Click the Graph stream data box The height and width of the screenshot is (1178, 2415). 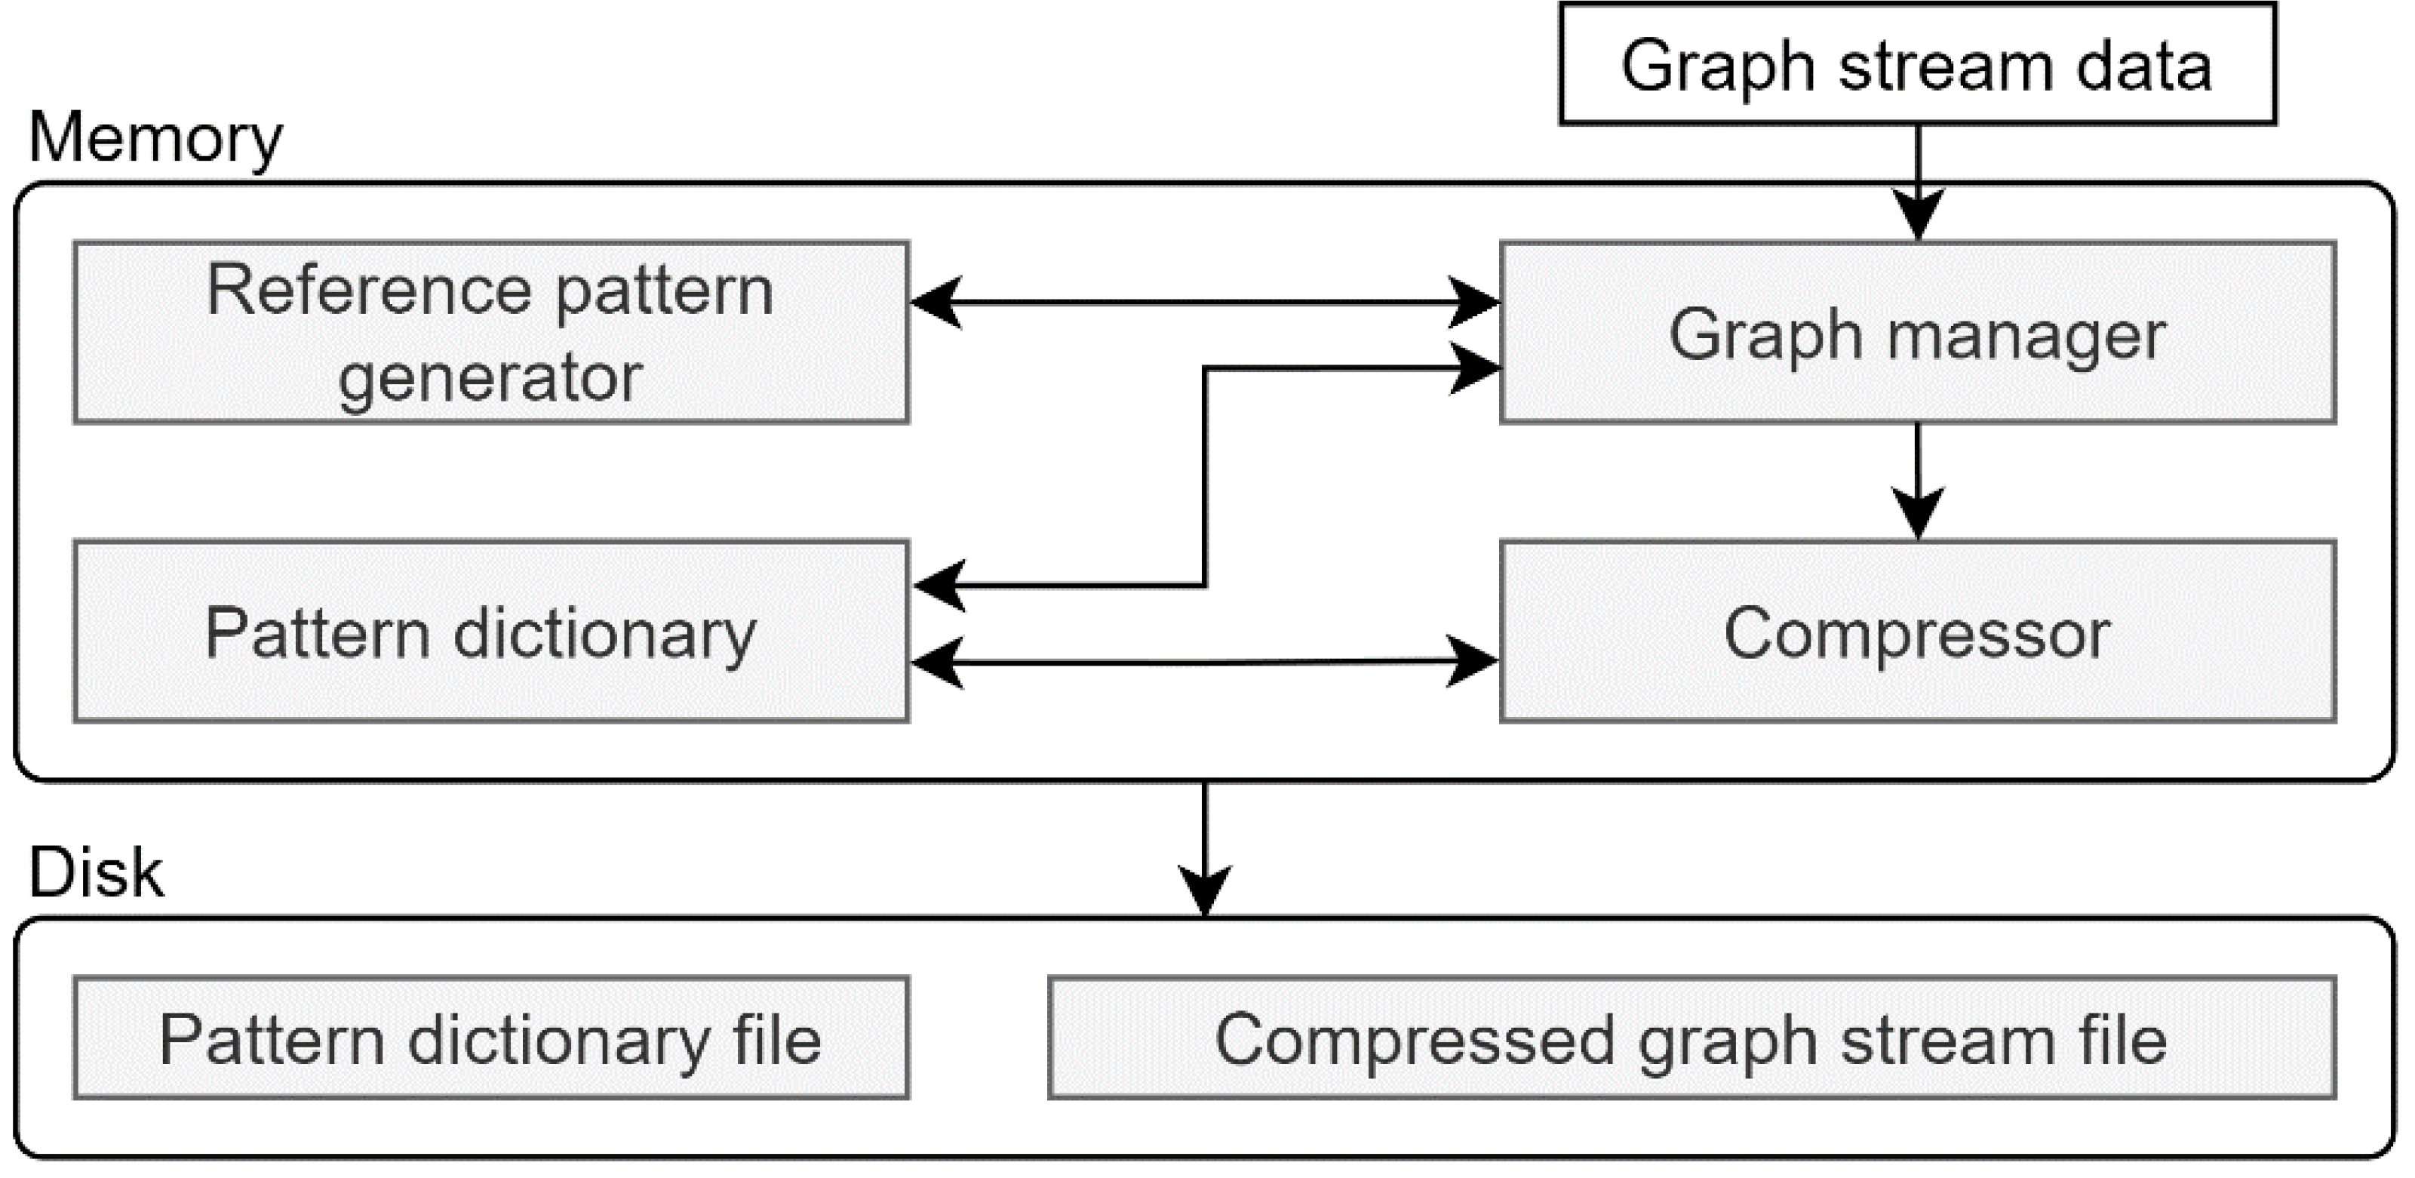point(1917,64)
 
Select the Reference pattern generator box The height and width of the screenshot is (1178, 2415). point(490,333)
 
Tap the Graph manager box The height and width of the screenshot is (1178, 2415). point(1917,333)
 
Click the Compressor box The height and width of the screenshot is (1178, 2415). point(1917,631)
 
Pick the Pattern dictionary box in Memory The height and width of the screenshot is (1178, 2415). point(490,631)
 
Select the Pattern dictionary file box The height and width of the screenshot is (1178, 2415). point(490,1038)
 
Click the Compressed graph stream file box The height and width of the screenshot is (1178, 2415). point(1691,1038)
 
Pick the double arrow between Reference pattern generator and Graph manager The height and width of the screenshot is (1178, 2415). point(1205,302)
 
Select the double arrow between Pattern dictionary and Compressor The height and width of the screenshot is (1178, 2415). point(1205,662)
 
